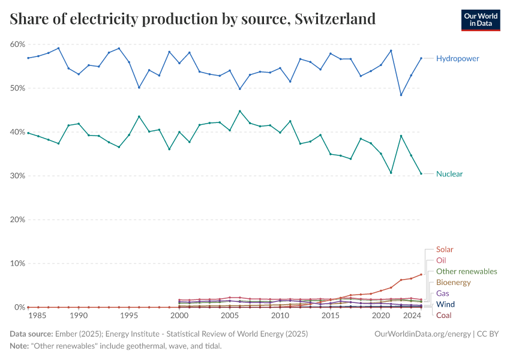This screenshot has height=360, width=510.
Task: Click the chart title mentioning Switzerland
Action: coord(193,19)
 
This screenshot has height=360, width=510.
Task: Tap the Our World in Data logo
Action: coord(480,20)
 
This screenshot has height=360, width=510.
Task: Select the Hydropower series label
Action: coord(457,58)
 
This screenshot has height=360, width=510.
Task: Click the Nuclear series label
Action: coord(449,174)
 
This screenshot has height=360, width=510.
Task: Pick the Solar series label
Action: coord(445,249)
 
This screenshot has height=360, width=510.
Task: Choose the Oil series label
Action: coord(441,260)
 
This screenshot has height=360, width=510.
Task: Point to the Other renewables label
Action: coord(466,271)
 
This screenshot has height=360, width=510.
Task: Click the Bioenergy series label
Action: coord(453,282)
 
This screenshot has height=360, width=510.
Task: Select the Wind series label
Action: coord(445,304)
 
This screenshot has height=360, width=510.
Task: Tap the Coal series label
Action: coord(444,315)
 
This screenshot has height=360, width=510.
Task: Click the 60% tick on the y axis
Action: coord(17,44)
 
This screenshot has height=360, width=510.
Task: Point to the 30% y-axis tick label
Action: coord(17,176)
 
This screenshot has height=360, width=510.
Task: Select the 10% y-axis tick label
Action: coord(17,263)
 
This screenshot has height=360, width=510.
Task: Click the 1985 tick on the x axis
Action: coord(38,316)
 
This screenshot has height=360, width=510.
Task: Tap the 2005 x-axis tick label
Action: coord(230,316)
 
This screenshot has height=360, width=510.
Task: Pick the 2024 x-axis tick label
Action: coord(412,316)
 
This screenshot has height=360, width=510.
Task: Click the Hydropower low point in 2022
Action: coord(401,95)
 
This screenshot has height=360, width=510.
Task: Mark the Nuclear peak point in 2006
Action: coord(240,111)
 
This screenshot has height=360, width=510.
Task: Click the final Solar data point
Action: coord(421,274)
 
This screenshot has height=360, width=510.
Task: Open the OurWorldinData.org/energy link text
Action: coord(422,333)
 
